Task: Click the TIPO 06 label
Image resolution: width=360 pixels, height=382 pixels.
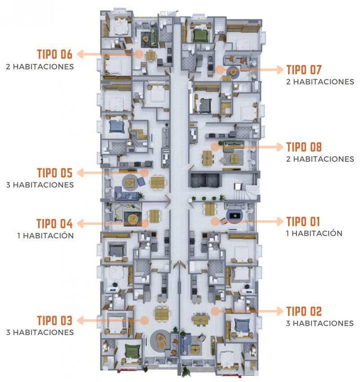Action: click(x=55, y=54)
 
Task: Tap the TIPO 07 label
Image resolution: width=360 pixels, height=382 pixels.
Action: click(x=304, y=70)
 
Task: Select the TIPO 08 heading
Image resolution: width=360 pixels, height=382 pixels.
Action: click(x=304, y=147)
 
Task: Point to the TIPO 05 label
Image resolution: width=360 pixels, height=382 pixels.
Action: click(x=55, y=173)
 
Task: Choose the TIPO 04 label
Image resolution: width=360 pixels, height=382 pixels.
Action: click(x=54, y=223)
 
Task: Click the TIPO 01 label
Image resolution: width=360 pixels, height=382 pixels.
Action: click(x=303, y=222)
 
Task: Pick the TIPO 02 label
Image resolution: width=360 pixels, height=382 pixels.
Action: click(x=304, y=311)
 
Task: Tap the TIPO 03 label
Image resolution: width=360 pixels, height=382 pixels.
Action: click(x=55, y=320)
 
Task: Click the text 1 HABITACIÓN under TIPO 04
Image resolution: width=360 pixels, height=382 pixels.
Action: click(x=45, y=236)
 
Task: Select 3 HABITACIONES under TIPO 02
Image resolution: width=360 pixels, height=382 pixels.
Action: click(x=320, y=323)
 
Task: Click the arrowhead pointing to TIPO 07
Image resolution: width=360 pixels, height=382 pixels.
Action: click(x=280, y=70)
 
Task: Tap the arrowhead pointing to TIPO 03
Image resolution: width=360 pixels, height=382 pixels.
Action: click(x=81, y=321)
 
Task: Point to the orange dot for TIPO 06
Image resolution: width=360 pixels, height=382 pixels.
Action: click(x=139, y=54)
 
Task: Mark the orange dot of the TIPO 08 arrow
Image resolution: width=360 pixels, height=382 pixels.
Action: click(x=215, y=147)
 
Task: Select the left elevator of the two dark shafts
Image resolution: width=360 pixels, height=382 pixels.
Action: click(x=197, y=180)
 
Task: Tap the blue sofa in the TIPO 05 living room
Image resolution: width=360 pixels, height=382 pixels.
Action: click(x=127, y=193)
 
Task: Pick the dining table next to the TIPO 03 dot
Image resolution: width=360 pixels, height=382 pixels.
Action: click(x=162, y=314)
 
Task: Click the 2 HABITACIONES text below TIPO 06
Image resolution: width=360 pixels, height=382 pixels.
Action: click(x=40, y=67)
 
